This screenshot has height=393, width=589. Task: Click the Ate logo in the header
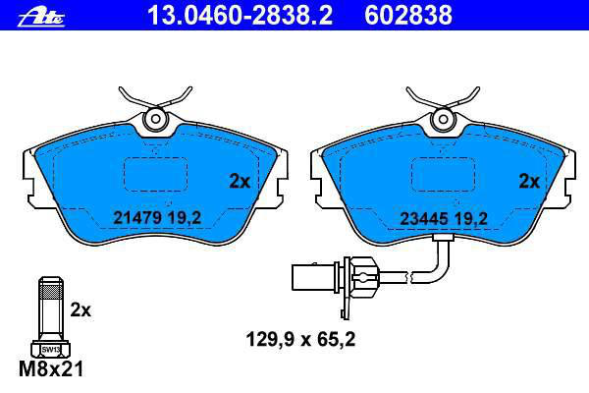tap(41, 18)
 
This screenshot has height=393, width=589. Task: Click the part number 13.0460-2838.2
tap(241, 16)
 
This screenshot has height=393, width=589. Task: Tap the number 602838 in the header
tap(408, 16)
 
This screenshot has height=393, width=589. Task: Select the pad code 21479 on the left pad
tap(137, 218)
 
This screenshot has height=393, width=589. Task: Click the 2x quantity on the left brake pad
tap(240, 182)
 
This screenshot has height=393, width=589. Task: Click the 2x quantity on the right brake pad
tap(529, 182)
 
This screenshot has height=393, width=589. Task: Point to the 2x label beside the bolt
tap(80, 310)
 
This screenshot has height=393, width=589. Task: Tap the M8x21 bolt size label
tap(51, 369)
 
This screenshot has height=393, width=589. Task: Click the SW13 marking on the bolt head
tap(50, 350)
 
